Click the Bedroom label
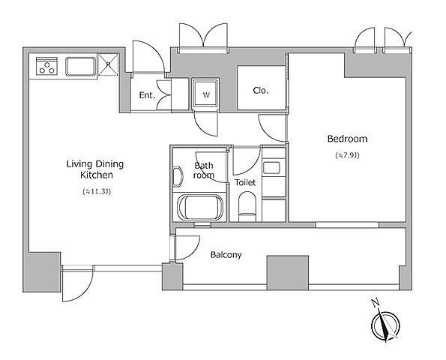[347, 139]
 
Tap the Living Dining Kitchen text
[95, 169]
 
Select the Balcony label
[226, 255]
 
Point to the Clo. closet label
[261, 91]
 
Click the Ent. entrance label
[147, 95]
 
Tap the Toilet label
[245, 182]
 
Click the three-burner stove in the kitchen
[47, 66]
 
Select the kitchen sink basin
[81, 67]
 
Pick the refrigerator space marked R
[108, 64]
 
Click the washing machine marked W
[206, 94]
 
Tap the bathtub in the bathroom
[200, 208]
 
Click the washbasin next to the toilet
[271, 167]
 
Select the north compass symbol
[386, 325]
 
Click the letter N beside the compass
[376, 303]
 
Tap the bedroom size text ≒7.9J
[347, 155]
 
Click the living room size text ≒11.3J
[97, 191]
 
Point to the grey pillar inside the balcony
[288, 273]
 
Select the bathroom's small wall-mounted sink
[178, 177]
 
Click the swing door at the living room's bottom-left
[78, 283]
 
